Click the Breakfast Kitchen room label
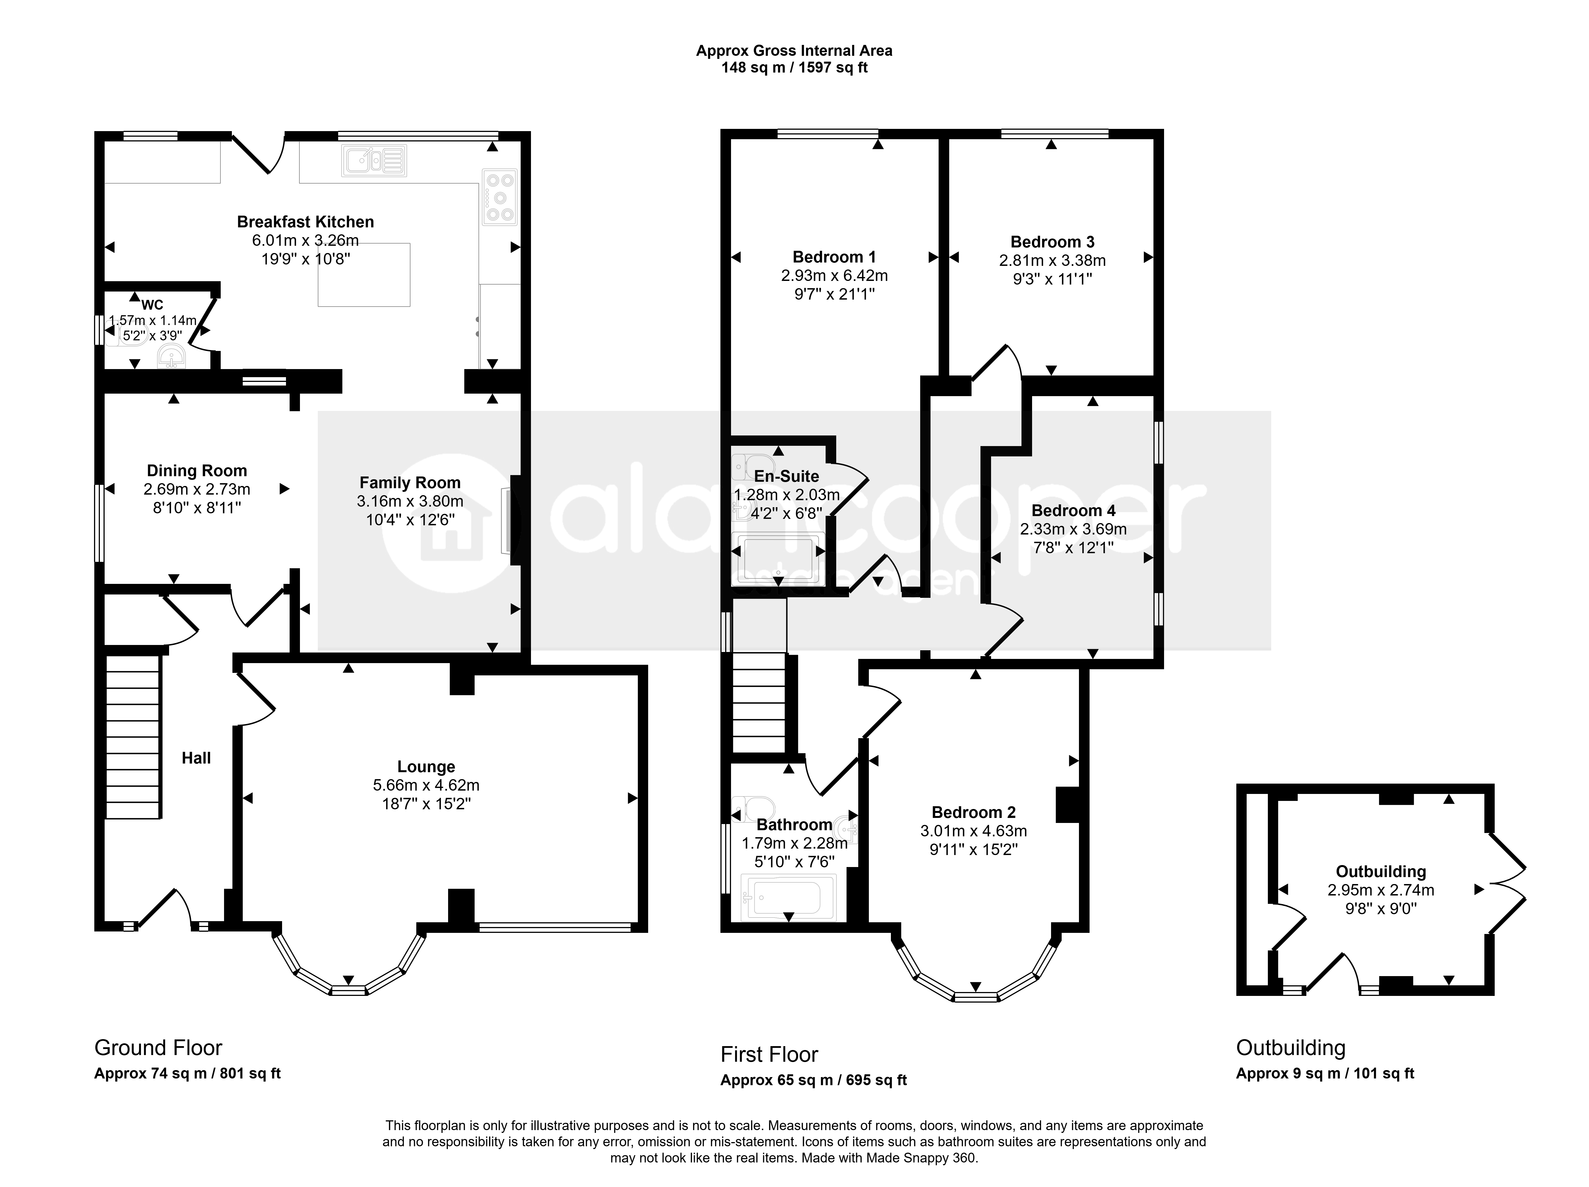pyautogui.click(x=305, y=222)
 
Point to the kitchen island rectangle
pyautogui.click(x=364, y=275)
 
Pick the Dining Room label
pyautogui.click(x=197, y=471)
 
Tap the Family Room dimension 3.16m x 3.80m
pyautogui.click(x=410, y=501)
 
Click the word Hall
pyautogui.click(x=196, y=758)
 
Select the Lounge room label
pyautogui.click(x=426, y=767)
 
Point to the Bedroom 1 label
pyautogui.click(x=834, y=257)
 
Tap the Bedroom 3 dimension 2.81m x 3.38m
pyautogui.click(x=1052, y=261)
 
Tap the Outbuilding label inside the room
pyautogui.click(x=1381, y=872)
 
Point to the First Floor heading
pyautogui.click(x=769, y=1055)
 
